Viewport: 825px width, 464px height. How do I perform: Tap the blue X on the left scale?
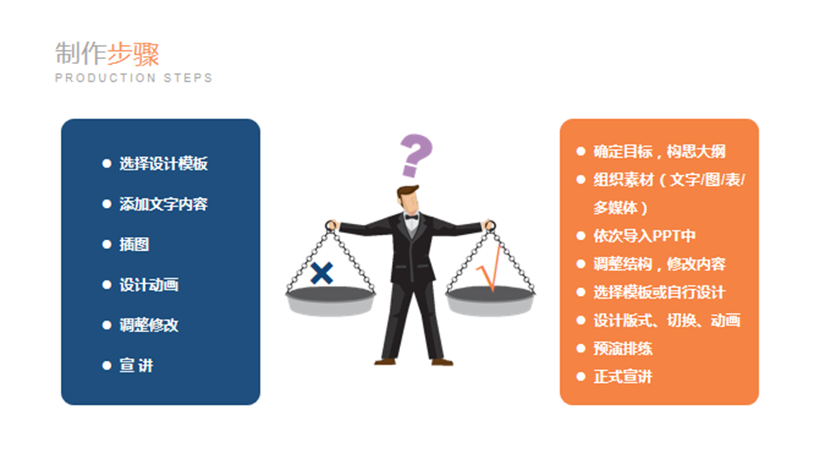pos(322,273)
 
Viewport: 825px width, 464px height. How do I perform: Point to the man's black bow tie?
pos(411,217)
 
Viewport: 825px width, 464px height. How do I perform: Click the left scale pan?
pos(331,301)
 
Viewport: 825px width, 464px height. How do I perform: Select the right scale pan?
pos(490,301)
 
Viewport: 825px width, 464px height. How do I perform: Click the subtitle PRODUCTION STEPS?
pos(133,78)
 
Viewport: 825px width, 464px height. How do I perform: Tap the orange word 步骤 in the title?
pos(133,54)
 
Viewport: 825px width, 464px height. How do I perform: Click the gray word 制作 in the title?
pos(81,54)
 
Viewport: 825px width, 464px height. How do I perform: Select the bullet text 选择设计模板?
pos(164,164)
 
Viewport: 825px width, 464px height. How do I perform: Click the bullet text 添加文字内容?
pos(164,204)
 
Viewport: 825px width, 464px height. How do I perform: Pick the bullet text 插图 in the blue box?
pos(134,244)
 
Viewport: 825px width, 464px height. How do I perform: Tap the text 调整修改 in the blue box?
pos(148,326)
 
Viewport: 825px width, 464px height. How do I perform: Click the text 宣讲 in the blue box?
pos(136,366)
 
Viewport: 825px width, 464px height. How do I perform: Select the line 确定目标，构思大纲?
pos(659,151)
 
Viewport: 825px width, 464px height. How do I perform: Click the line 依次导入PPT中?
pos(645,235)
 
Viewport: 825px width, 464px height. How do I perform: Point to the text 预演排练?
pos(623,348)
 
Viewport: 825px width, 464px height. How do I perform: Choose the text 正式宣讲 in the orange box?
pos(623,377)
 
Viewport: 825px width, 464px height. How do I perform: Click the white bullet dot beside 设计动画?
pos(107,285)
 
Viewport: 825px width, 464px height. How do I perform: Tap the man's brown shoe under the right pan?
pos(442,362)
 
